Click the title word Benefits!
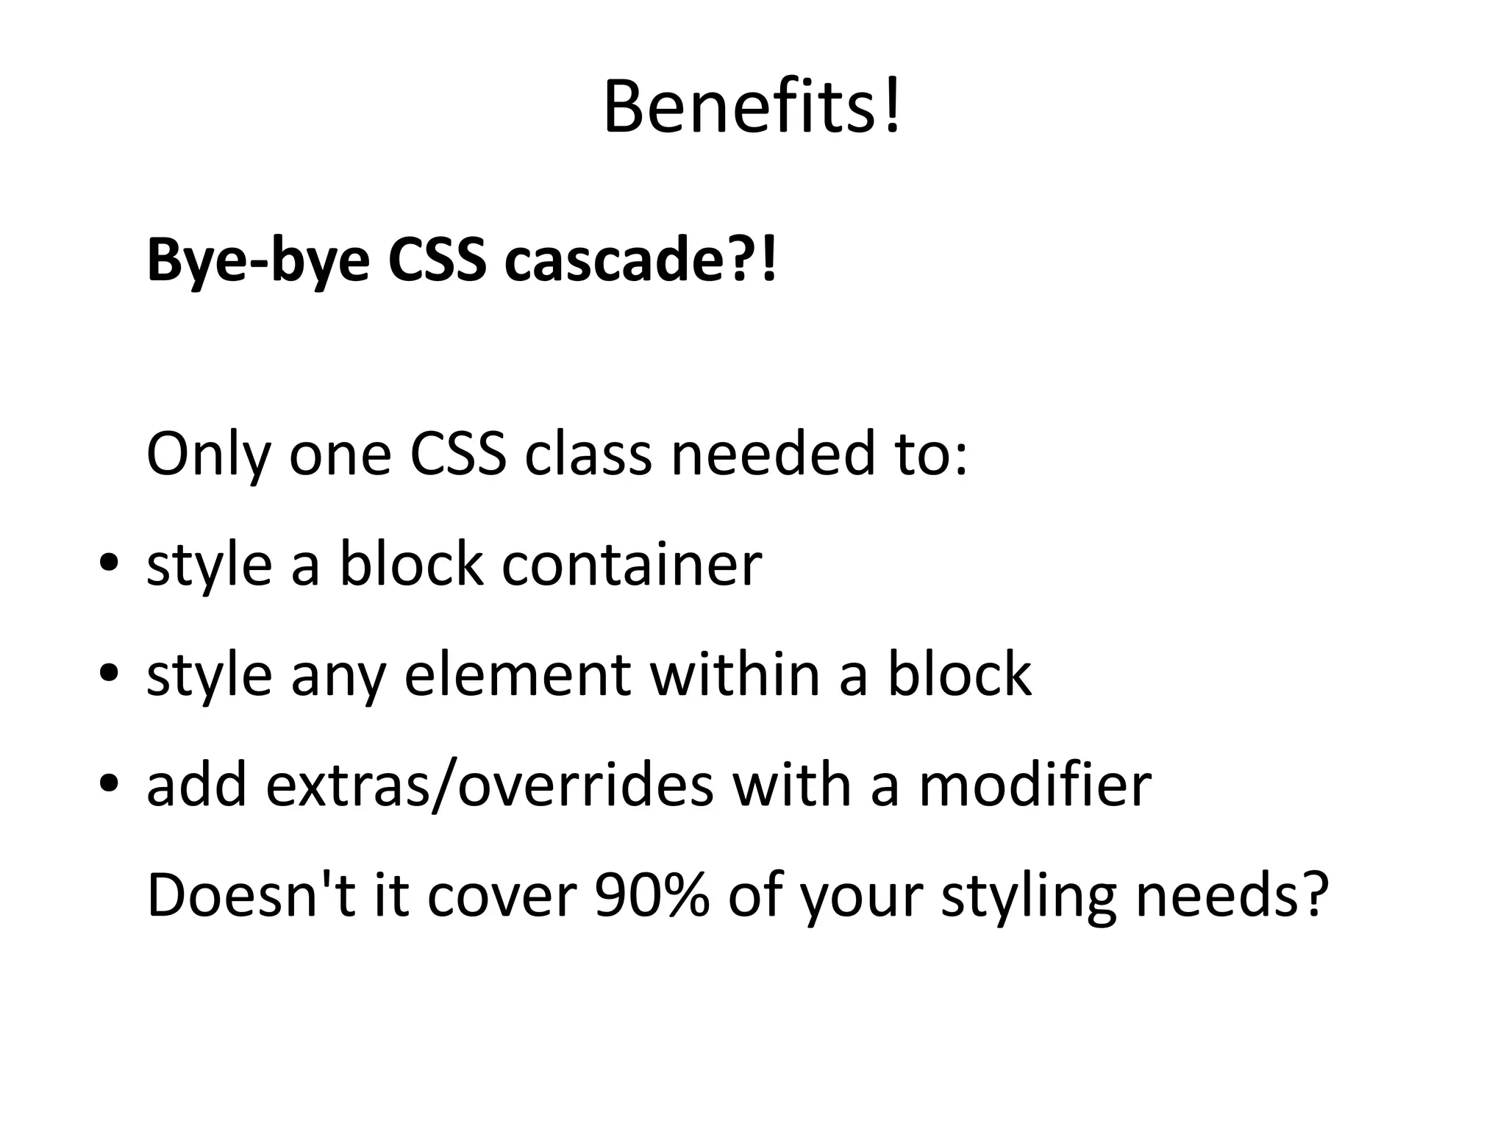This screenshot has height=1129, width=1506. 752,109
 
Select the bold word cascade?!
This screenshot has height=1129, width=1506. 640,260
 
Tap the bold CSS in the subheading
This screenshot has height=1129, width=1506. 437,260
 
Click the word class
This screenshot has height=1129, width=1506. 588,455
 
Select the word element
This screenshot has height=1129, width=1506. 517,674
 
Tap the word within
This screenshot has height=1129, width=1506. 735,674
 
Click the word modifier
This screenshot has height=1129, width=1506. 1035,786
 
